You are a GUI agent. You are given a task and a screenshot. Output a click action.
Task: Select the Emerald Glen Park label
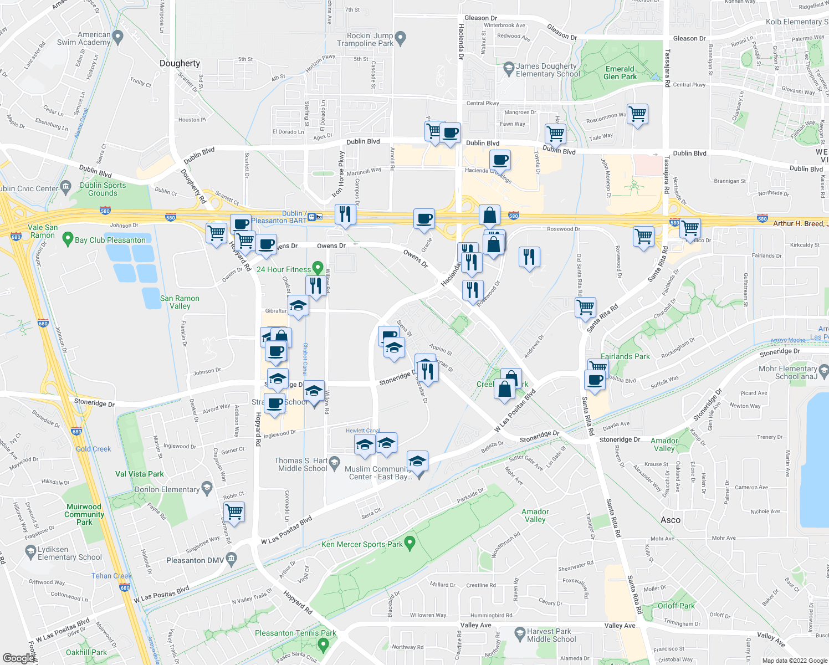pos(620,73)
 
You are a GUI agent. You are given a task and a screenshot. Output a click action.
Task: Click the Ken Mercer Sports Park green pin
pos(410,543)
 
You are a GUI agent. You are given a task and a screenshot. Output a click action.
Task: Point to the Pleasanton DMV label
pos(195,560)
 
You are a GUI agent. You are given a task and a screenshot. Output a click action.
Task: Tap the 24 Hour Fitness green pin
pos(318,268)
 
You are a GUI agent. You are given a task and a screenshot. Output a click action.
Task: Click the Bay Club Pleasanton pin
pos(68,239)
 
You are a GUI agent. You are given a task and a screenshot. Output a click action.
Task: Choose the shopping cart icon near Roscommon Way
pos(637,114)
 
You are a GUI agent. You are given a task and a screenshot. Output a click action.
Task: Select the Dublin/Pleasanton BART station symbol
pos(313,217)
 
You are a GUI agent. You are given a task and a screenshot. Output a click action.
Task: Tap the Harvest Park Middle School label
pos(551,635)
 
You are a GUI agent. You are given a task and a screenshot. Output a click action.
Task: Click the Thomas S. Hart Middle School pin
pos(334,462)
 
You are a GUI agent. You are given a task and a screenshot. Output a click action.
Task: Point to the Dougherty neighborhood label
pos(180,63)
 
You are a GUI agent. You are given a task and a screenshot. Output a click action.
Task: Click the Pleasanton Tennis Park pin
pos(324,644)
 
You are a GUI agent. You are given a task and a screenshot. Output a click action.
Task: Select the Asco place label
pos(671,520)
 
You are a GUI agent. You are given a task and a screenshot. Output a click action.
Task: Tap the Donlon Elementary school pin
pos(207,488)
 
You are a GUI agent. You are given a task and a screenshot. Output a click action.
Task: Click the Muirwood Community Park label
pos(84,514)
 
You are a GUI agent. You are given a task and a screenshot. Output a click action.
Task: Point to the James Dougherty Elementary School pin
pos(508,69)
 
